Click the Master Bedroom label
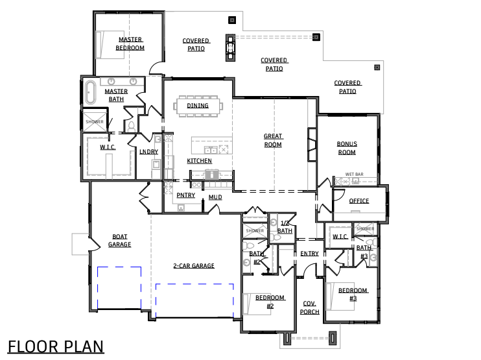pyautogui.click(x=130, y=43)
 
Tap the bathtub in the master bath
pyautogui.click(x=90, y=92)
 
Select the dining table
pyautogui.click(x=198, y=106)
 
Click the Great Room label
pyautogui.click(x=273, y=140)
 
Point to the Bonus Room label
pyautogui.click(x=347, y=148)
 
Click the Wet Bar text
pyautogui.click(x=355, y=174)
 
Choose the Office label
pyautogui.click(x=359, y=201)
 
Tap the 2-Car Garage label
pyautogui.click(x=194, y=266)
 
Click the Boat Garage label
pyautogui.click(x=120, y=241)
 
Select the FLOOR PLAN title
pyautogui.click(x=56, y=347)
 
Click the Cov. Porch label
pyautogui.click(x=309, y=307)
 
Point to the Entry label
pyautogui.click(x=309, y=254)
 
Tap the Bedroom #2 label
pyautogui.click(x=270, y=302)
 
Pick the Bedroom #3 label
pyautogui.click(x=353, y=294)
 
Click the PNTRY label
pyautogui.click(x=186, y=195)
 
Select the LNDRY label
pyautogui.click(x=149, y=152)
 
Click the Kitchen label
pyautogui.click(x=200, y=161)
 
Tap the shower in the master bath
pyautogui.click(x=95, y=121)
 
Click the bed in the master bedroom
pyautogui.click(x=110, y=45)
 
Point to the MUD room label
pyautogui.click(x=215, y=197)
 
